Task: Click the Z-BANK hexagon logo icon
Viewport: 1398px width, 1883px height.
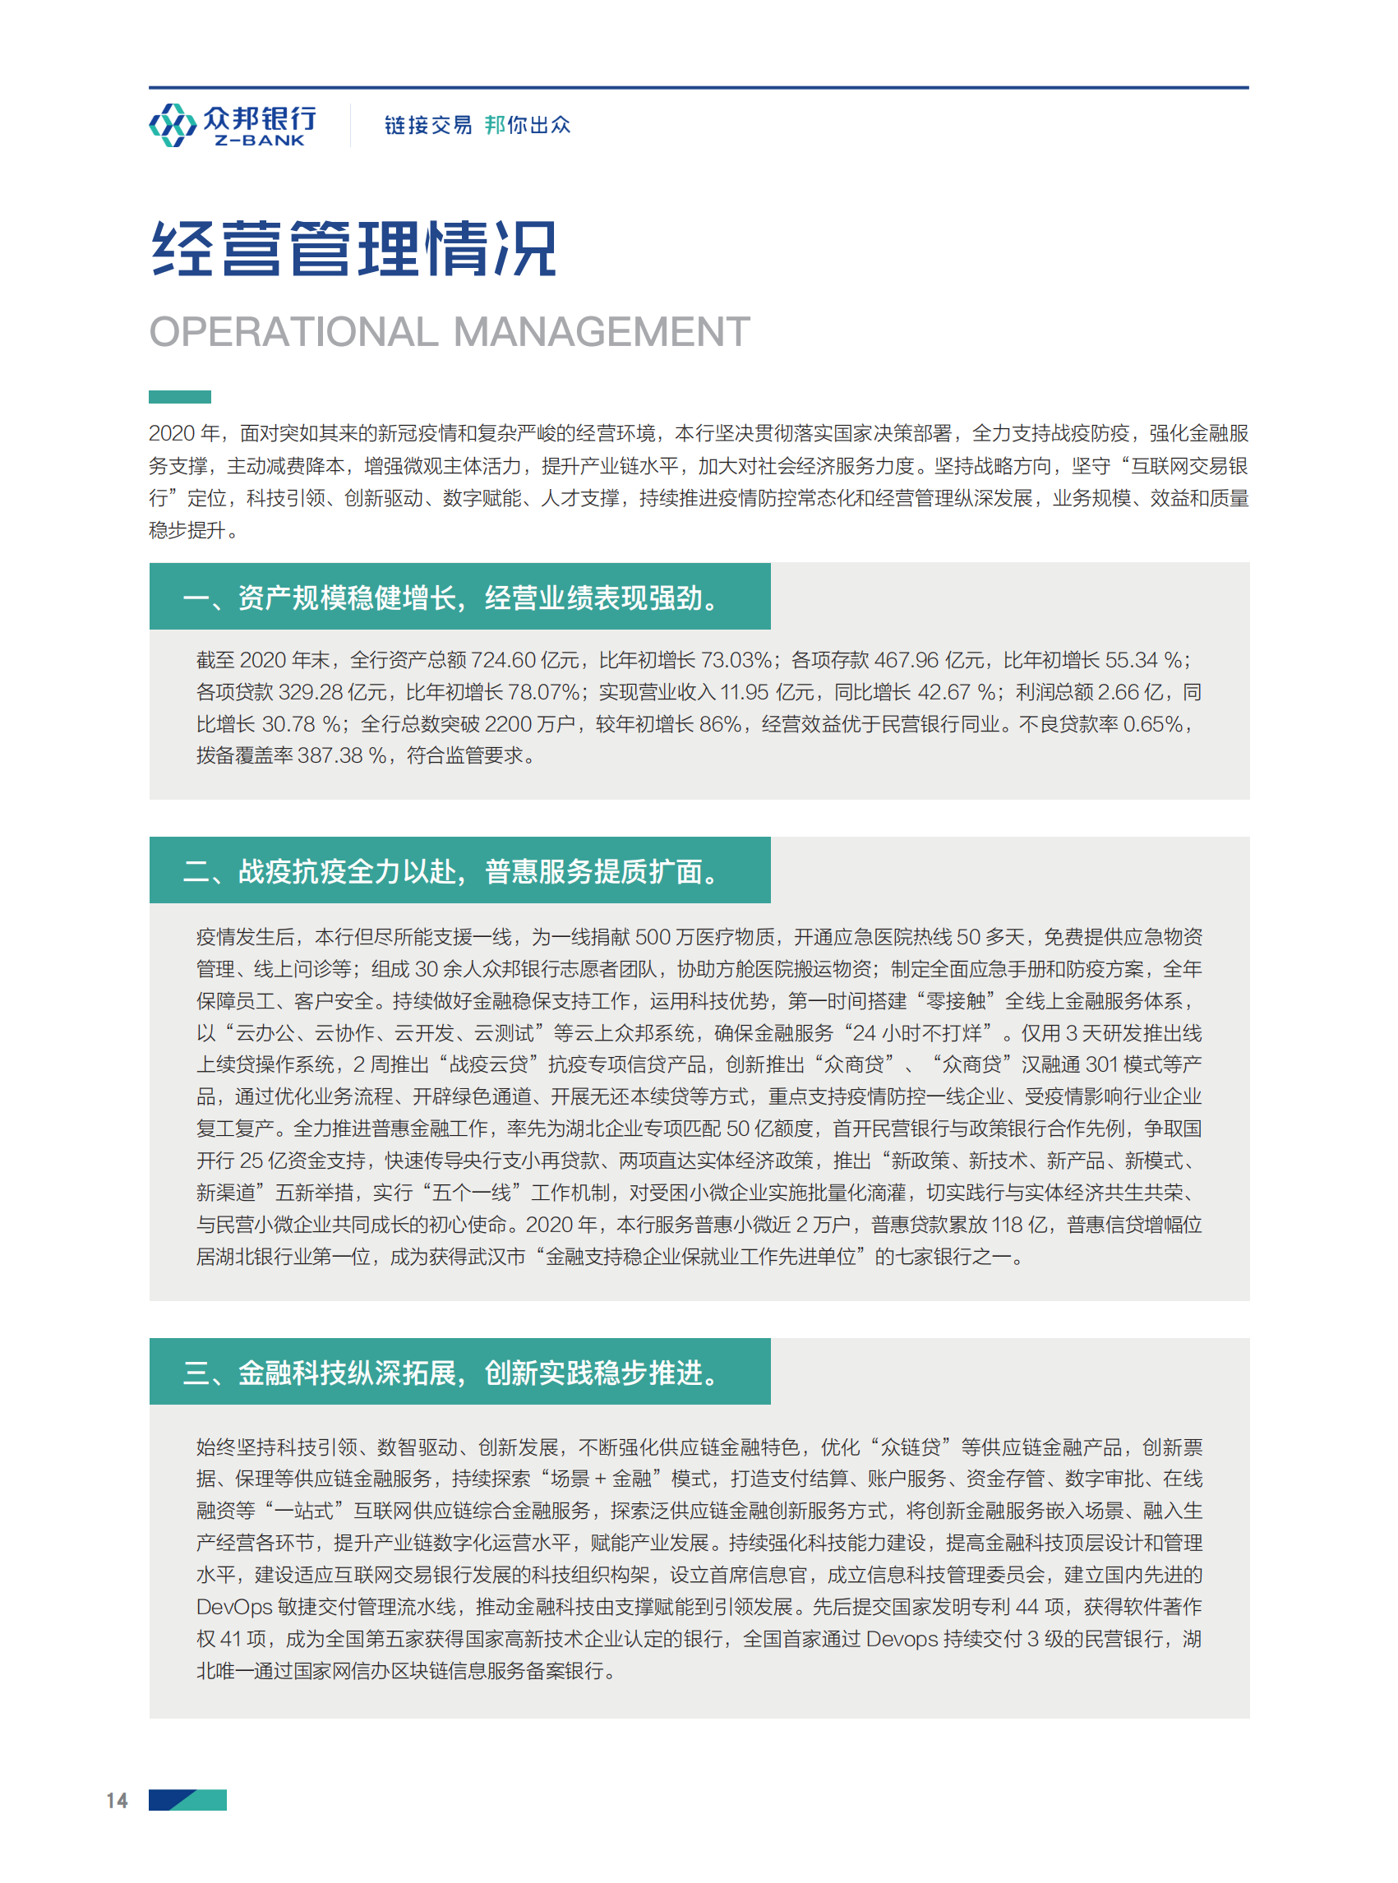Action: point(173,125)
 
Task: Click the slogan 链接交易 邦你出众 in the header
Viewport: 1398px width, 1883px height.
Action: point(478,125)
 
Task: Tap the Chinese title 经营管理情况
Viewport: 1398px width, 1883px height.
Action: point(353,249)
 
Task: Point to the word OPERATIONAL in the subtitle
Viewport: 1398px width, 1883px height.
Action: point(293,332)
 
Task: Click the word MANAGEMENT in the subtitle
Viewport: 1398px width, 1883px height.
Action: point(602,332)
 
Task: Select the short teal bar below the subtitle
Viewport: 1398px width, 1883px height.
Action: point(179,397)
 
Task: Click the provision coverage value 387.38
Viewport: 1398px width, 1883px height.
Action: point(330,755)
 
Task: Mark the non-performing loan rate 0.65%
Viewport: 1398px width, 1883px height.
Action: point(1151,724)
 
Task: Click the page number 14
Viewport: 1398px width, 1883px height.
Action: point(117,1800)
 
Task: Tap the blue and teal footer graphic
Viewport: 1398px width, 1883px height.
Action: point(187,1799)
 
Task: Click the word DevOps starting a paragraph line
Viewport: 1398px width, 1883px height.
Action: point(234,1607)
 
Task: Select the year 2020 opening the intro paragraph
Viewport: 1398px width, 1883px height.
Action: point(172,434)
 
